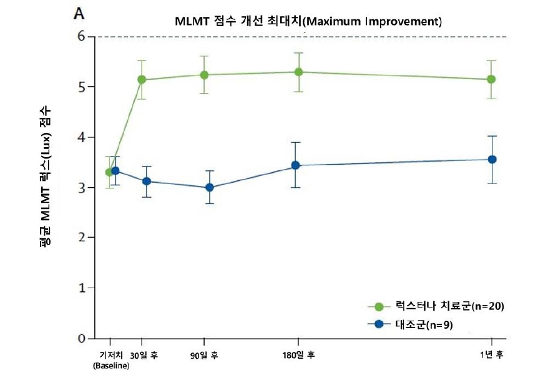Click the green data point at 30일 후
pos(142,80)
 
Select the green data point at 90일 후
pos(204,75)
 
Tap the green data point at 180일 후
pos(298,72)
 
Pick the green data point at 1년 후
pos(491,79)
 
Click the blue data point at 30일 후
pos(147,181)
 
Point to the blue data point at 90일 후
pos(210,187)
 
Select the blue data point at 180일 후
pos(296,165)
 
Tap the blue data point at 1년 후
pos(492,159)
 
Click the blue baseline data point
pos(115,170)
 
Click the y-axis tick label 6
pos(82,36)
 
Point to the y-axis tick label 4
pos(82,137)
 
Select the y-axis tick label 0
pos(82,339)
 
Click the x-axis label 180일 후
pos(298,355)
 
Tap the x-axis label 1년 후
pos(491,355)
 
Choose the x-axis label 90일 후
pos(204,355)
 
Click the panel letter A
pos(80,12)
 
